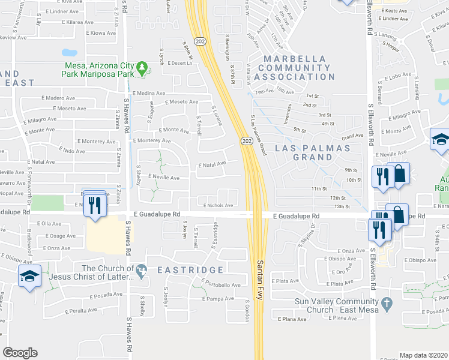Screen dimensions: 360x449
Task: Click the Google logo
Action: [x=20, y=353]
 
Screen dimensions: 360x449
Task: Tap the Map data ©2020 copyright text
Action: [x=423, y=355]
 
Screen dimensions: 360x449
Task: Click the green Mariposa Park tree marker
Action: [x=142, y=69]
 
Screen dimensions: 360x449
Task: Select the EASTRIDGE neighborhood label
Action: [x=190, y=271]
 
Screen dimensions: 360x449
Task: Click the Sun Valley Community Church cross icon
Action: [x=387, y=304]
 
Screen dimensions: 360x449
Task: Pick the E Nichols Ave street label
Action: [x=218, y=205]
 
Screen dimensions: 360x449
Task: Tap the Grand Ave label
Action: [x=353, y=136]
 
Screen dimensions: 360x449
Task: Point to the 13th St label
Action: [x=342, y=206]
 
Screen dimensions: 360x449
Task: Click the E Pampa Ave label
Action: [x=218, y=299]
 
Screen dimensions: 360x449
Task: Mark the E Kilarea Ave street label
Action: [x=77, y=22]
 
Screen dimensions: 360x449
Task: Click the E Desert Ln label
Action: [x=183, y=63]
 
